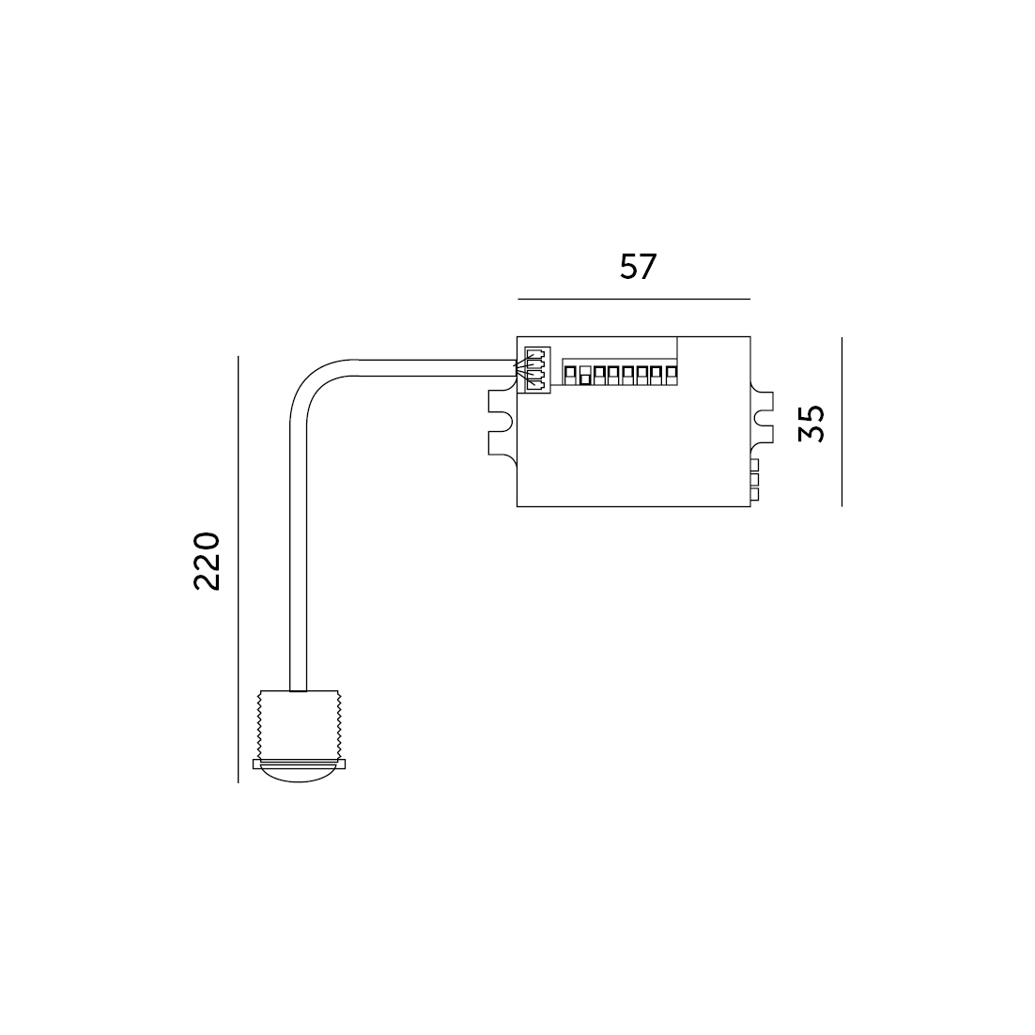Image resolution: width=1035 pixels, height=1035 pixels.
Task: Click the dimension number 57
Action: (x=639, y=268)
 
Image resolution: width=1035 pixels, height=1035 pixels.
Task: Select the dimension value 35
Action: (x=811, y=423)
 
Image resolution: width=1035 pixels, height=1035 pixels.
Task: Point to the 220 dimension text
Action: (x=207, y=561)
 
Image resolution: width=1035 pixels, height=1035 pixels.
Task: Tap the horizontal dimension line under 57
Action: (x=634, y=299)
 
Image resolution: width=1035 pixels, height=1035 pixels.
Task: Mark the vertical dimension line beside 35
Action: (x=842, y=422)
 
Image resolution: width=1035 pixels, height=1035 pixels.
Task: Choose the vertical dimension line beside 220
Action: (x=238, y=569)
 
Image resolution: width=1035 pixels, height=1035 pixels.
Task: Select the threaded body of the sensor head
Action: (x=299, y=725)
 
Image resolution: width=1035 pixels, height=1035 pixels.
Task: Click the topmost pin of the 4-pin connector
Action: (x=537, y=353)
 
